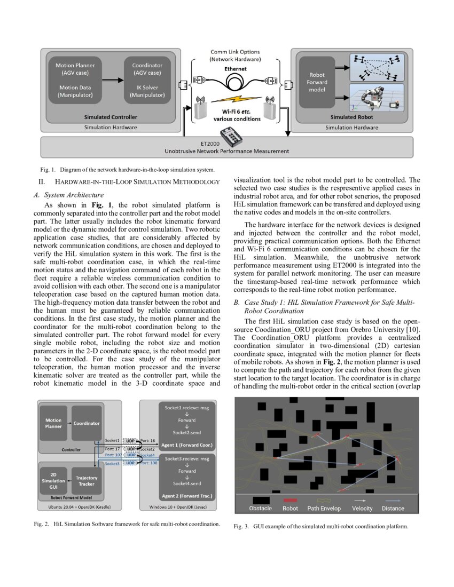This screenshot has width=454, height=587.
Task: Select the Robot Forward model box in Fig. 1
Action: pos(317,82)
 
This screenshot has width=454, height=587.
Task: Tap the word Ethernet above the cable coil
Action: pos(235,69)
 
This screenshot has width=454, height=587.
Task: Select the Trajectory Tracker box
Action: pos(87,481)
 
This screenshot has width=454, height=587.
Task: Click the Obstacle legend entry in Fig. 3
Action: pos(260,508)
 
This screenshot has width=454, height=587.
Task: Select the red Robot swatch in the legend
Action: pos(290,501)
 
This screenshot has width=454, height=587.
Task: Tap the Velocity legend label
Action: pos(362,508)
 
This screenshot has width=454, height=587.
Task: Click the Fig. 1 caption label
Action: pos(42,170)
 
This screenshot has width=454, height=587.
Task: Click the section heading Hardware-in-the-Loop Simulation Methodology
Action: pos(137,183)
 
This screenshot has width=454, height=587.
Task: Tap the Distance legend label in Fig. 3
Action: pos(393,508)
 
